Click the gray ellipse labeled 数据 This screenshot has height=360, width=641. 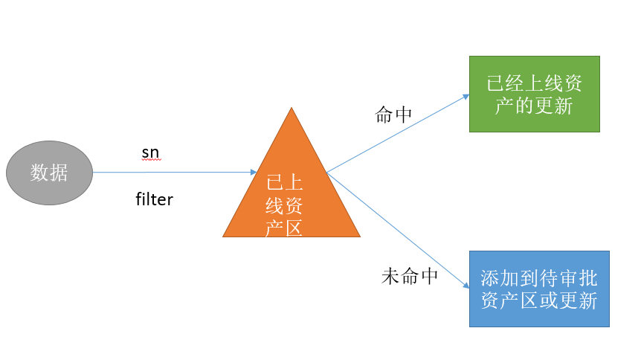49,173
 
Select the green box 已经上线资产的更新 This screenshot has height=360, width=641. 534,94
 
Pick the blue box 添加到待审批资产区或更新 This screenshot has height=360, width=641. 539,289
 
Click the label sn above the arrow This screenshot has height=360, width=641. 150,152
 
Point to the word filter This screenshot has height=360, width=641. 154,199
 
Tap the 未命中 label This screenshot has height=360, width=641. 410,277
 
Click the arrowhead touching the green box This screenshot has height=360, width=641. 466,96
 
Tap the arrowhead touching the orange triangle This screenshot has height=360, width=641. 254,173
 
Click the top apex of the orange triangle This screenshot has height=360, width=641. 291,109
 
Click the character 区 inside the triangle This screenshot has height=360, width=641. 294,228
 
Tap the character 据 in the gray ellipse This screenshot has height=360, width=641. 59,173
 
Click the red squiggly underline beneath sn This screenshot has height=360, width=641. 150,159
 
